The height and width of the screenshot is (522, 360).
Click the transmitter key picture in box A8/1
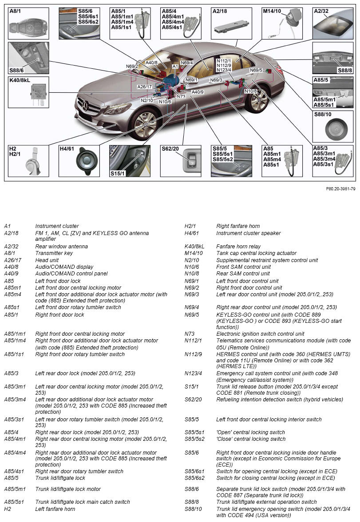(x=28, y=27)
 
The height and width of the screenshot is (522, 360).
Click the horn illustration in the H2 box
(x=33, y=162)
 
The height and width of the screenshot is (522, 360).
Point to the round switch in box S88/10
(x=332, y=130)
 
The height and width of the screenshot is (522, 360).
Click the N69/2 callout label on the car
(x=132, y=66)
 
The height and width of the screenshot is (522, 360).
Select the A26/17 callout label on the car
(x=144, y=86)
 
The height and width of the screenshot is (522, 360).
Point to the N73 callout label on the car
(x=181, y=96)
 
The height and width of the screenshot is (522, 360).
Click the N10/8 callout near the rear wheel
(x=251, y=91)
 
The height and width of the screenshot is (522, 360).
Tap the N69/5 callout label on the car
(x=256, y=70)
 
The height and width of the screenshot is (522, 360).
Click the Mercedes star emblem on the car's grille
(x=85, y=106)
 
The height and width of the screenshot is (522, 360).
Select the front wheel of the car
(x=144, y=123)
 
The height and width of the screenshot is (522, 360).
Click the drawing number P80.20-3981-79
(x=340, y=189)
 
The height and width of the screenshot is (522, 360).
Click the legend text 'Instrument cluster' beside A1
(x=57, y=226)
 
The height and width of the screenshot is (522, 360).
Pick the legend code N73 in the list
(x=190, y=334)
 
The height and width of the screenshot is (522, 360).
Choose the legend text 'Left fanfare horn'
(x=55, y=509)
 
